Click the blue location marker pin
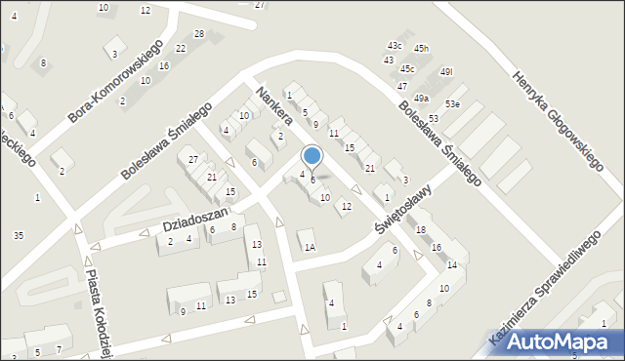[x=312, y=156]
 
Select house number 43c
[x=395, y=46]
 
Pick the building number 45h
[x=421, y=49]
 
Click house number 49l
[x=447, y=71]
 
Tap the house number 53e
[x=452, y=103]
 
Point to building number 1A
[x=309, y=248]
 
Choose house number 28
[x=199, y=34]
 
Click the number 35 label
[x=19, y=235]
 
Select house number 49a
[x=421, y=99]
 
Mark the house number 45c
[x=407, y=68]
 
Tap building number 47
[x=401, y=86]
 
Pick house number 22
[x=181, y=48]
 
